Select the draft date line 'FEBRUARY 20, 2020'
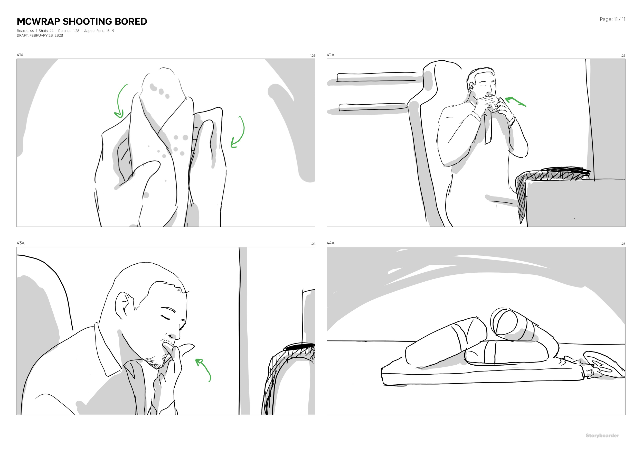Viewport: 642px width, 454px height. tap(46, 35)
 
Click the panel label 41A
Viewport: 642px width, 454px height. tap(20, 55)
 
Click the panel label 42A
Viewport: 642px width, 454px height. tap(330, 55)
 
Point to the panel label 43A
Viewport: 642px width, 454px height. tap(20, 243)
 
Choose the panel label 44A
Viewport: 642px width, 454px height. tap(330, 243)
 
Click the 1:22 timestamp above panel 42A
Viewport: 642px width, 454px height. tap(622, 56)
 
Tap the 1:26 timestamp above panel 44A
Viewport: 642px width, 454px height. tap(622, 244)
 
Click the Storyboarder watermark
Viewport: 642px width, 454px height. tap(602, 436)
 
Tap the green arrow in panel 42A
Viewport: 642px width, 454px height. tap(515, 101)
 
